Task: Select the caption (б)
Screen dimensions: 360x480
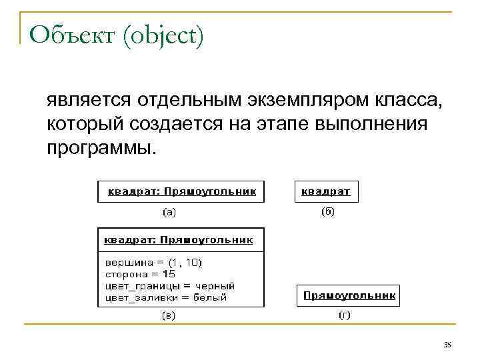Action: coord(327,211)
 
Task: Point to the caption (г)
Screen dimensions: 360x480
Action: coord(344,315)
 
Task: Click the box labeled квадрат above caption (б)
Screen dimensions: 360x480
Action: coord(326,191)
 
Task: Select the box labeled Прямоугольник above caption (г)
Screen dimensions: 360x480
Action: coord(349,295)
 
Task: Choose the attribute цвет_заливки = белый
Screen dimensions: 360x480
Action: coord(166,297)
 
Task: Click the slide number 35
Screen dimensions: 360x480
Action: coord(447,345)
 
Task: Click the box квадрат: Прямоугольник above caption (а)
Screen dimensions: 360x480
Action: coord(181,191)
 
